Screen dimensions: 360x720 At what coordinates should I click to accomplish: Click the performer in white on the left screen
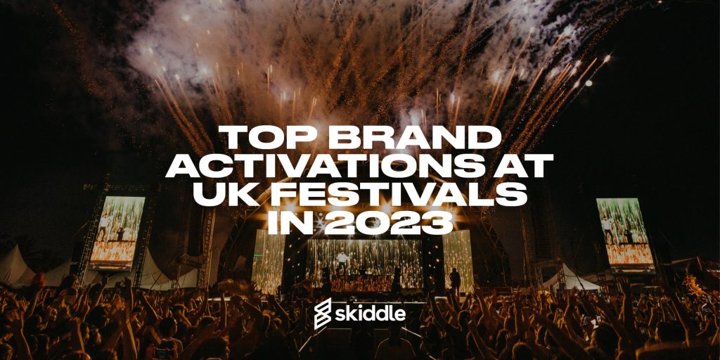pos(105,226)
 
